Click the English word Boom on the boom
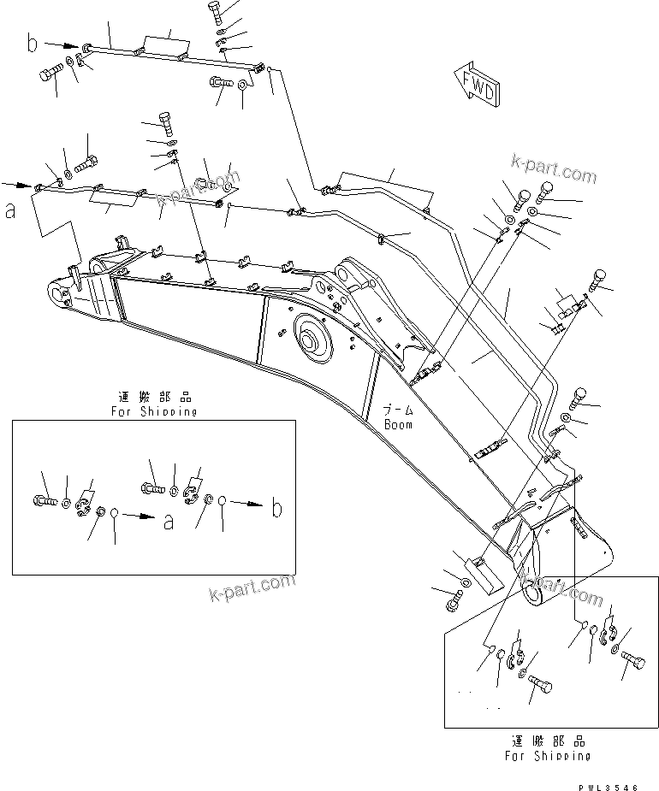397,424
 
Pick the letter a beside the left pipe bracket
10,210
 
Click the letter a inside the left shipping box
169,520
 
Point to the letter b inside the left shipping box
276,510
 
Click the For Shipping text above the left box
154,411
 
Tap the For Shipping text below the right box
547,756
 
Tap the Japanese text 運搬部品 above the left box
154,398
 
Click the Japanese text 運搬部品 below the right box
547,741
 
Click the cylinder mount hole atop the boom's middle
347,275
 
